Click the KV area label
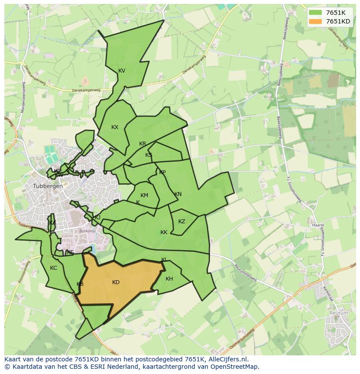(122, 71)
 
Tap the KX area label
(115, 127)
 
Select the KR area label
(143, 144)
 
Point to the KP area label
(162, 172)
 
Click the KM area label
(144, 195)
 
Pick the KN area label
(178, 194)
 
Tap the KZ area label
(182, 222)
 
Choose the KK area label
(164, 232)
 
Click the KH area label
(169, 279)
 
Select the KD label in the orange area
(116, 282)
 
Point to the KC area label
(53, 268)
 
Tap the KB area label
(80, 284)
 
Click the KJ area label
(97, 218)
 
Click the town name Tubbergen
(48, 186)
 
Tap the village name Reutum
(339, 313)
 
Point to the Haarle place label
(318, 225)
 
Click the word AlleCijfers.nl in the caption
(227, 359)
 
